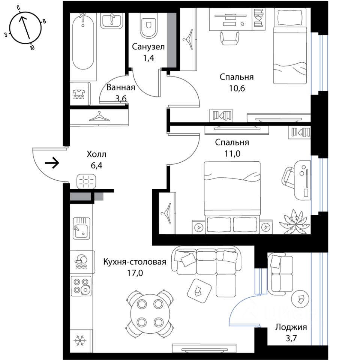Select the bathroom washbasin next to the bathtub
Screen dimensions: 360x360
coord(112,20)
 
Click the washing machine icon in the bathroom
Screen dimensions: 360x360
coord(79,94)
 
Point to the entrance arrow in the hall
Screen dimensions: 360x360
coord(52,163)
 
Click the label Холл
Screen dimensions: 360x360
coord(96,154)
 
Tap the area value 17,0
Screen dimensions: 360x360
coord(135,273)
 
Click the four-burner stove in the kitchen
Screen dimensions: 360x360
coord(81,286)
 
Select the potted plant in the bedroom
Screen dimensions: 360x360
coord(294,221)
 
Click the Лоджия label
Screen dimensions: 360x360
coord(291,327)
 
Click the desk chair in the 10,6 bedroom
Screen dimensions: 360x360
coord(229,37)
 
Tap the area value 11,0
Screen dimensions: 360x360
coord(232,153)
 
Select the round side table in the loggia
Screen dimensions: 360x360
coord(300,298)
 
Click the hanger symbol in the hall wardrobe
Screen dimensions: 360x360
coord(99,117)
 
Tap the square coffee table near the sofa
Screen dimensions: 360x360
coord(199,291)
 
